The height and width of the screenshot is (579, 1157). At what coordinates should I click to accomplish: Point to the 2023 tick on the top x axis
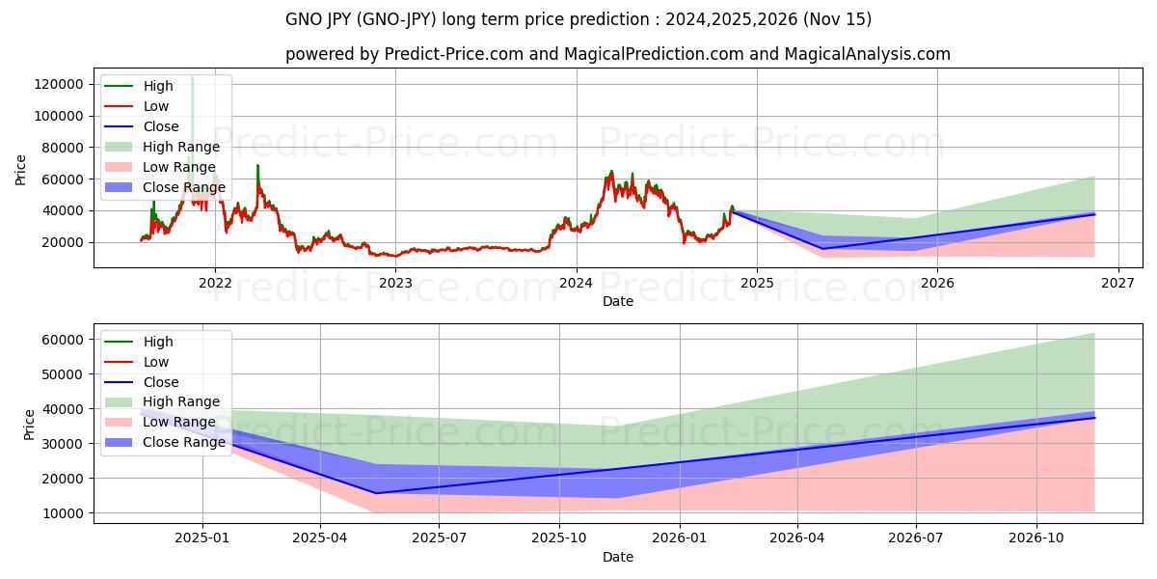pyautogui.click(x=395, y=283)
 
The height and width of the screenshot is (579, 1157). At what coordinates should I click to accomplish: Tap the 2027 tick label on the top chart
pyautogui.click(x=1118, y=283)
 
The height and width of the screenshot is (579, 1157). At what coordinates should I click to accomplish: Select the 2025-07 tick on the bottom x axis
pyautogui.click(x=439, y=538)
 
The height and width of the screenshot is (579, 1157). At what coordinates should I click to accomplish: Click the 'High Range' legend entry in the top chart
pyautogui.click(x=181, y=147)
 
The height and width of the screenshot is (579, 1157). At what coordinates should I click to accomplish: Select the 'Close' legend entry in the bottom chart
pyautogui.click(x=161, y=382)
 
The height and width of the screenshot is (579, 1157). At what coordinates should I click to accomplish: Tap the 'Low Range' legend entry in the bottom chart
pyautogui.click(x=179, y=422)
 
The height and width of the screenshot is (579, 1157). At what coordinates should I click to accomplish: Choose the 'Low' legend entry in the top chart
pyautogui.click(x=156, y=106)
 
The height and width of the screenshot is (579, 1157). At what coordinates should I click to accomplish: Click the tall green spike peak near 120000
pyautogui.click(x=192, y=77)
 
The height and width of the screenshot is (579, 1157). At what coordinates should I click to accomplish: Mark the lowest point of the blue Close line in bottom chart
pyautogui.click(x=376, y=493)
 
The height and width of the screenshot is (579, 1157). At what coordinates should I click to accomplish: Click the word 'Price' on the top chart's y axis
pyautogui.click(x=21, y=170)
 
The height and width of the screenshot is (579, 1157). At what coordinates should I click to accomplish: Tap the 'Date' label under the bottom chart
pyautogui.click(x=618, y=557)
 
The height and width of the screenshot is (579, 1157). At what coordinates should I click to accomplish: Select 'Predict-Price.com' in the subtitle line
pyautogui.click(x=452, y=54)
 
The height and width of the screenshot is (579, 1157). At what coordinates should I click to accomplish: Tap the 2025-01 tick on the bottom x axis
pyautogui.click(x=202, y=538)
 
